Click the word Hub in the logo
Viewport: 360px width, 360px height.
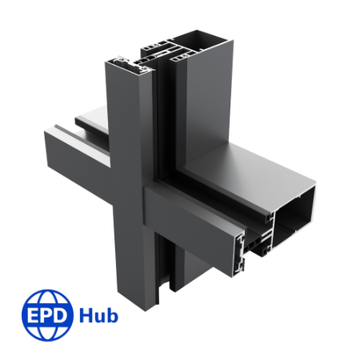[x=98, y=314]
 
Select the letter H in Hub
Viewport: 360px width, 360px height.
[x=86, y=314]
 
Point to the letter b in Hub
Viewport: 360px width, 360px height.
[x=111, y=314]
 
